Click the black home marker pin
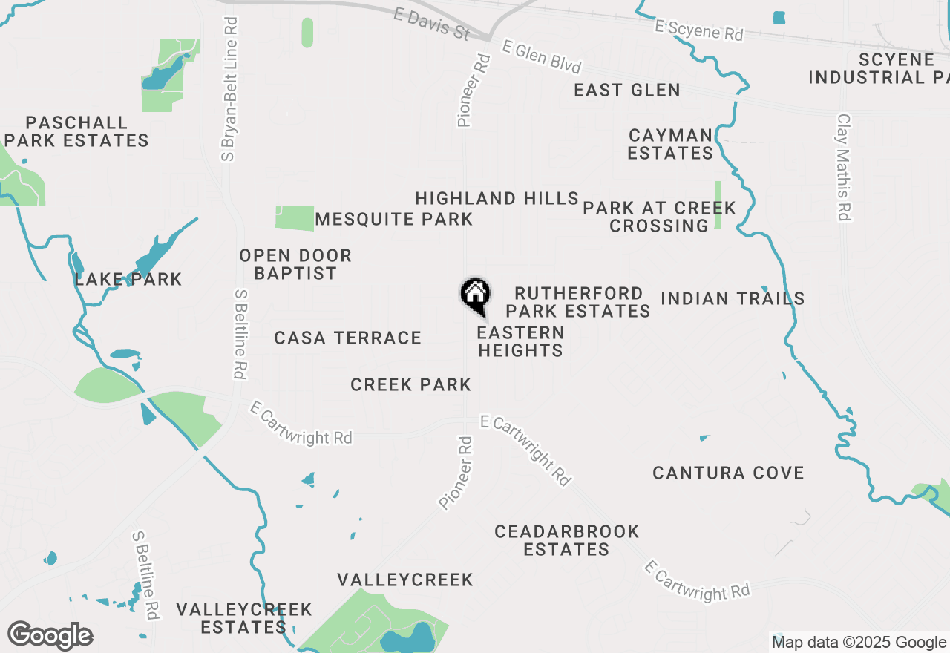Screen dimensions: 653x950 click(475, 294)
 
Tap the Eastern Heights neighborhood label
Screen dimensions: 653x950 click(520, 341)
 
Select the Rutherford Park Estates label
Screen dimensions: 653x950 click(578, 302)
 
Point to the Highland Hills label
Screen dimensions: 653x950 click(497, 199)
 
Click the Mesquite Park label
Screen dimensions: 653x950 click(394, 220)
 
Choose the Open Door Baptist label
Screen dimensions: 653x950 click(295, 264)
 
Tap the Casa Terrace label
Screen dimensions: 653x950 click(347, 338)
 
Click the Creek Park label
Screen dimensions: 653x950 click(410, 384)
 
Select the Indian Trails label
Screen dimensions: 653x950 click(733, 298)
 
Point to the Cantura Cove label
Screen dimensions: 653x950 click(728, 473)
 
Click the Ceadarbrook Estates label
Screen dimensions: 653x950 click(567, 540)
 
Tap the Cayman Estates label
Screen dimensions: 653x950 click(670, 144)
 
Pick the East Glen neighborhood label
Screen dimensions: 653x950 click(627, 91)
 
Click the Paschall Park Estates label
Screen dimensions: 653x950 click(77, 131)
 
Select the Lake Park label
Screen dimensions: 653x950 click(128, 280)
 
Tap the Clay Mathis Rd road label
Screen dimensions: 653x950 click(843, 167)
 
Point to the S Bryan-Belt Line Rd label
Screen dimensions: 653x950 click(229, 89)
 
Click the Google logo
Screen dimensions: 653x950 click(50, 636)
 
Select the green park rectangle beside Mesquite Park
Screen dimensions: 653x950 click(295, 218)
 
